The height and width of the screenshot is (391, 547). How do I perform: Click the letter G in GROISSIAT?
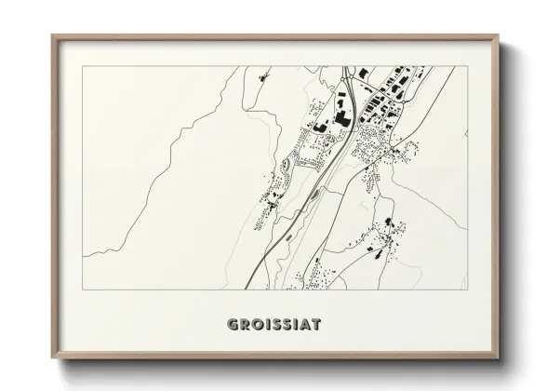tap(233, 325)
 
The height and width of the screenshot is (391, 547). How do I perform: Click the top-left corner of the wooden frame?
tap(53, 36)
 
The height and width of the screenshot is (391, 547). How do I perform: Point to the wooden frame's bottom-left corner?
tap(53, 358)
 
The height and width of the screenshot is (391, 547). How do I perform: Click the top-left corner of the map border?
tap(83, 66)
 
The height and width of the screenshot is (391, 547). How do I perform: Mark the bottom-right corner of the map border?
tap(467, 290)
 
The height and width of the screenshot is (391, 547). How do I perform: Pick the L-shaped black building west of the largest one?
tap(320, 125)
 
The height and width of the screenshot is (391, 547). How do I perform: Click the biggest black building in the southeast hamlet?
tap(389, 225)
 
